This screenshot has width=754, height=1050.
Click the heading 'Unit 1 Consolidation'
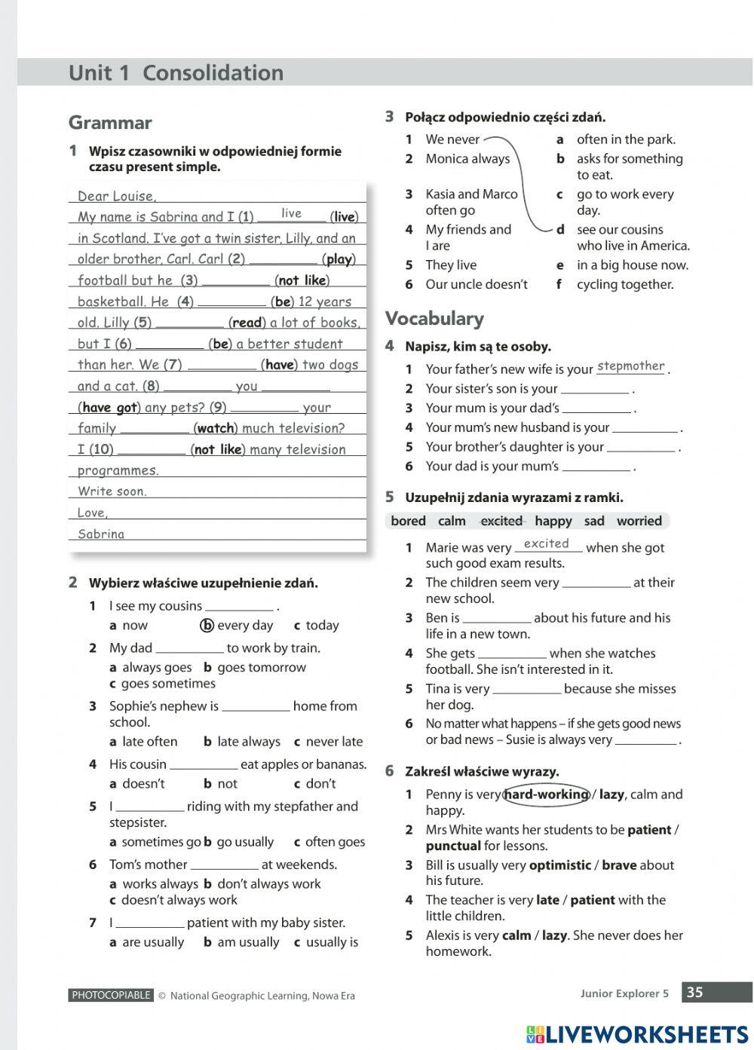[x=176, y=73]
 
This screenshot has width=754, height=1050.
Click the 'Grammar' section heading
[x=110, y=123]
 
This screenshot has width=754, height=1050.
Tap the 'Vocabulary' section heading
[x=434, y=318]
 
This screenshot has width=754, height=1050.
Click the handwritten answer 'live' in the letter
[x=291, y=213]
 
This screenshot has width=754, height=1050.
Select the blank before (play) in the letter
[x=283, y=259]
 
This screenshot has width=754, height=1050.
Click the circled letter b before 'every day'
[x=207, y=626]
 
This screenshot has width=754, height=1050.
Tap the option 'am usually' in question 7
[x=248, y=942]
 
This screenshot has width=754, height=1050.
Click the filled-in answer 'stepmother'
[x=630, y=366]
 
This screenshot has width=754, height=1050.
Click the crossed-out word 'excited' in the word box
[x=501, y=521]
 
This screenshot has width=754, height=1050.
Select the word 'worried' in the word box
[x=639, y=521]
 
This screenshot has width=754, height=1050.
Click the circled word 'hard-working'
[x=546, y=794]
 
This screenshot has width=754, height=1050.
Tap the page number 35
[x=694, y=993]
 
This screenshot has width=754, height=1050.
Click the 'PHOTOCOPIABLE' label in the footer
[x=111, y=995]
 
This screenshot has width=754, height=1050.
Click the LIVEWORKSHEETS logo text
[x=647, y=1034]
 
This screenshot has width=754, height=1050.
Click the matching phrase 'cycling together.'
[x=625, y=284]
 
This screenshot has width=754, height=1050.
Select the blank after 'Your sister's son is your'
[x=594, y=390]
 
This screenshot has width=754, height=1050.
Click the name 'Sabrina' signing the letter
[x=101, y=534]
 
